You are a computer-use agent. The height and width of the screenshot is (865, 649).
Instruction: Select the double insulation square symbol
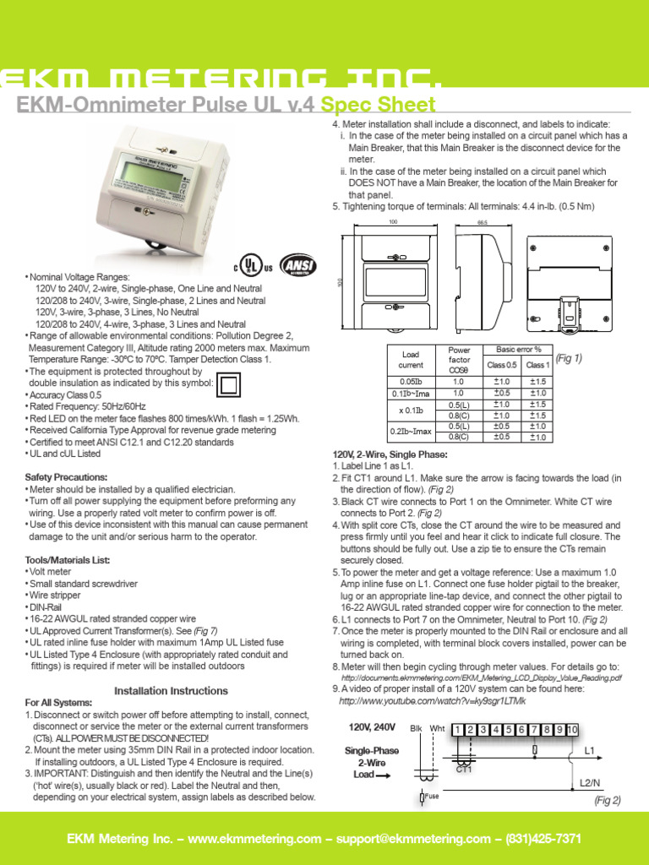228,385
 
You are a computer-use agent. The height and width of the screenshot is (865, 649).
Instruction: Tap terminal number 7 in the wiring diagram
536,729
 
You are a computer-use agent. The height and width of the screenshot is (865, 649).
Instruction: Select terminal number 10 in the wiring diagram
572,729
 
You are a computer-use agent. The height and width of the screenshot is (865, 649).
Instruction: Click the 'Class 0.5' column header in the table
501,365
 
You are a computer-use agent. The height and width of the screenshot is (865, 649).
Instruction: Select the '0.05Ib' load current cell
411,381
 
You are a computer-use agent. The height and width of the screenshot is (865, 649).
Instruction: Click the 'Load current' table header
411,360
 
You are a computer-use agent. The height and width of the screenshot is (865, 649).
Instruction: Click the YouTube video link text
432,701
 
